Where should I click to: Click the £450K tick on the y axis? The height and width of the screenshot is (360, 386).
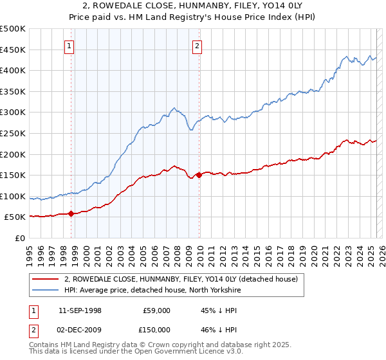pyautogui.click(x=14, y=50)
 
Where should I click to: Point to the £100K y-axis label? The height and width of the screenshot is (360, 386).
pyautogui.click(x=14, y=196)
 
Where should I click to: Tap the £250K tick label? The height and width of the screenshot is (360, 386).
pyautogui.click(x=14, y=133)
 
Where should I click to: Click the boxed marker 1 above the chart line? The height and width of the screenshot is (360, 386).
pyautogui.click(x=69, y=46)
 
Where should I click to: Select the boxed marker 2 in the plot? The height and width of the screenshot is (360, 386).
pyautogui.click(x=197, y=46)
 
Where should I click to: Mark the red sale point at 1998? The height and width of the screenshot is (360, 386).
pyautogui.click(x=71, y=213)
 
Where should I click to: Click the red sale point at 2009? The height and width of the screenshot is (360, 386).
pyautogui.click(x=199, y=175)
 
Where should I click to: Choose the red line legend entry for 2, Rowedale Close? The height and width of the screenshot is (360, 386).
pyautogui.click(x=180, y=280)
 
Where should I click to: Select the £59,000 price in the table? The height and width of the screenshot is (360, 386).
pyautogui.click(x=156, y=310)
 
